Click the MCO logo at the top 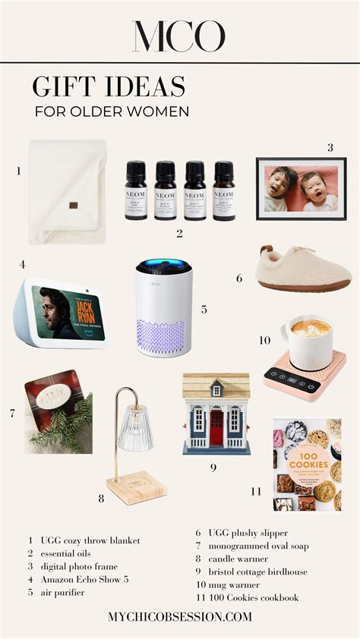(x=179, y=36)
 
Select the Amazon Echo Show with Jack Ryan (x=61, y=313)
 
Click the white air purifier (x=163, y=308)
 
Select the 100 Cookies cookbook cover (x=307, y=464)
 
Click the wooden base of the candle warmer (x=137, y=488)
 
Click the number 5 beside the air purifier (x=204, y=310)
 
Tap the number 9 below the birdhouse (x=213, y=467)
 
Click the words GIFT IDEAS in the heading (x=109, y=87)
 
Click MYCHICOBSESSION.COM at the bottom (x=179, y=616)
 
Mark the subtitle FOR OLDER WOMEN (x=111, y=112)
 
